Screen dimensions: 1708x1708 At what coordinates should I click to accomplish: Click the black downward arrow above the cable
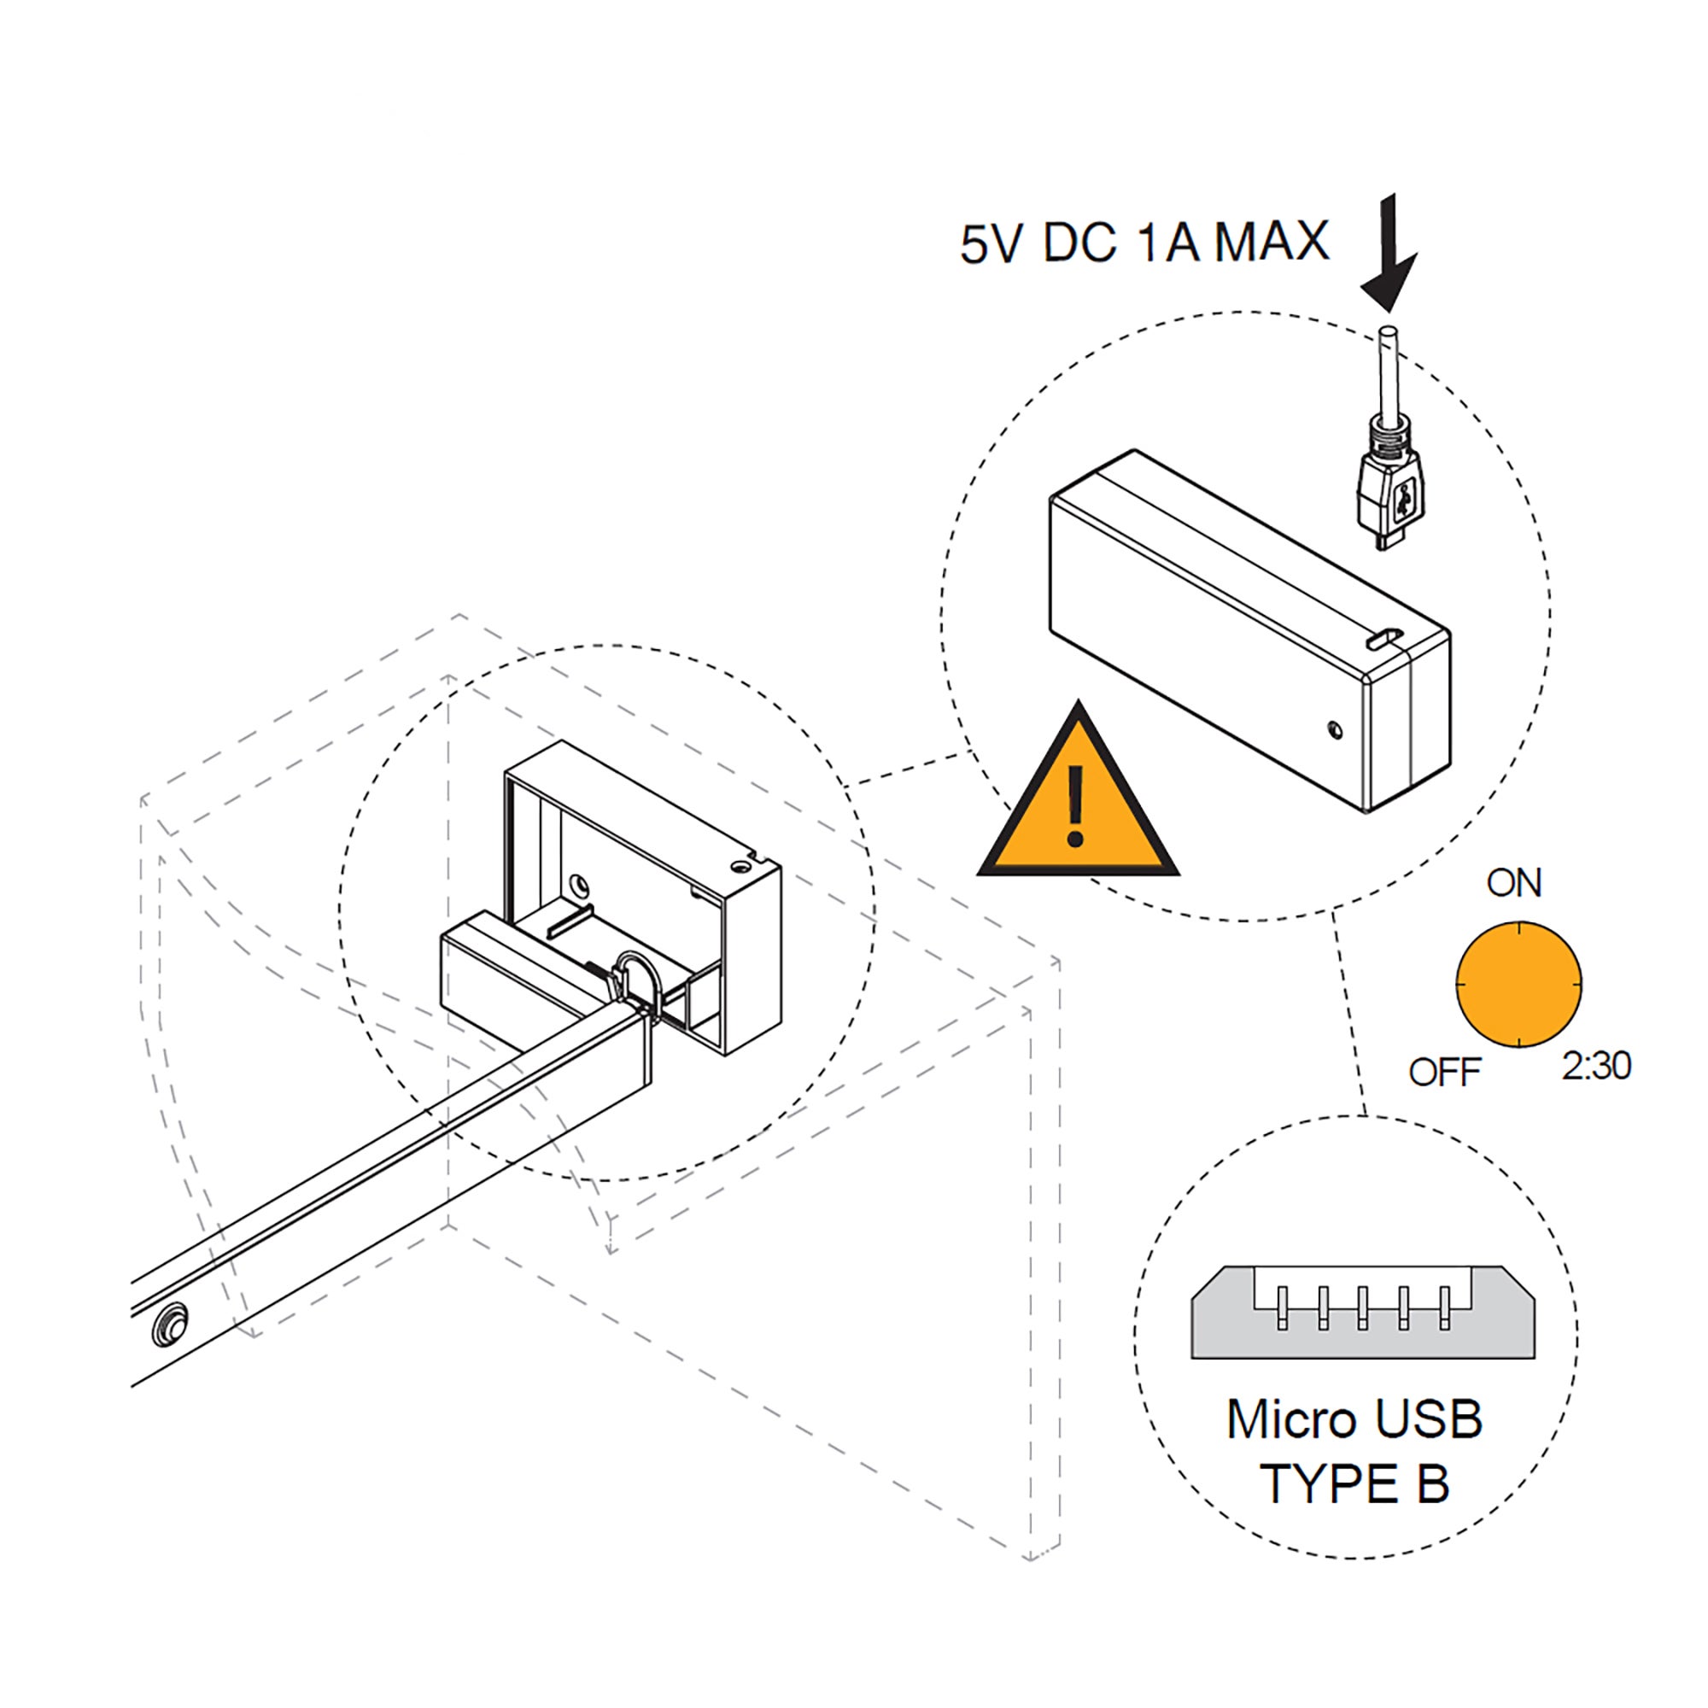click(x=1389, y=256)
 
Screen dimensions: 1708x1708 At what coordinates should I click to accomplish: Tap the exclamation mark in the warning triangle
click(x=1075, y=805)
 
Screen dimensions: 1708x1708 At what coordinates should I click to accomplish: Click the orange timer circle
click(x=1518, y=984)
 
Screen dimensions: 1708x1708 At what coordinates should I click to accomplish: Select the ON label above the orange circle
click(x=1514, y=883)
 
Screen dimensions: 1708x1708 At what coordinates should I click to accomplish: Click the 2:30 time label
click(x=1596, y=1066)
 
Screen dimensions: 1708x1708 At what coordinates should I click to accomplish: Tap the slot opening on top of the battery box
click(x=1383, y=638)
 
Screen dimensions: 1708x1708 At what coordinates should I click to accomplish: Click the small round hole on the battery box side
click(x=1335, y=729)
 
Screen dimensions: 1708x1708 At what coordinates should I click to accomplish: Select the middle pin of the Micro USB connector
click(x=1362, y=1307)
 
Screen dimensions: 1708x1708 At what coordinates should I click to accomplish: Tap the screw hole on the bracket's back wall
click(x=579, y=883)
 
